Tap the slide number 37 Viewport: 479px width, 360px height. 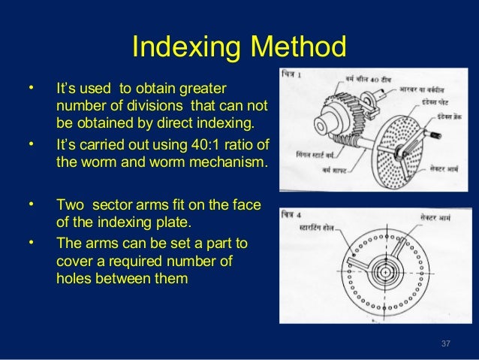(446, 344)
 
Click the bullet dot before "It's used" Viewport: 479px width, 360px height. (31, 89)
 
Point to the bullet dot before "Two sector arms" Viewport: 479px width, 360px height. (31, 204)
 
